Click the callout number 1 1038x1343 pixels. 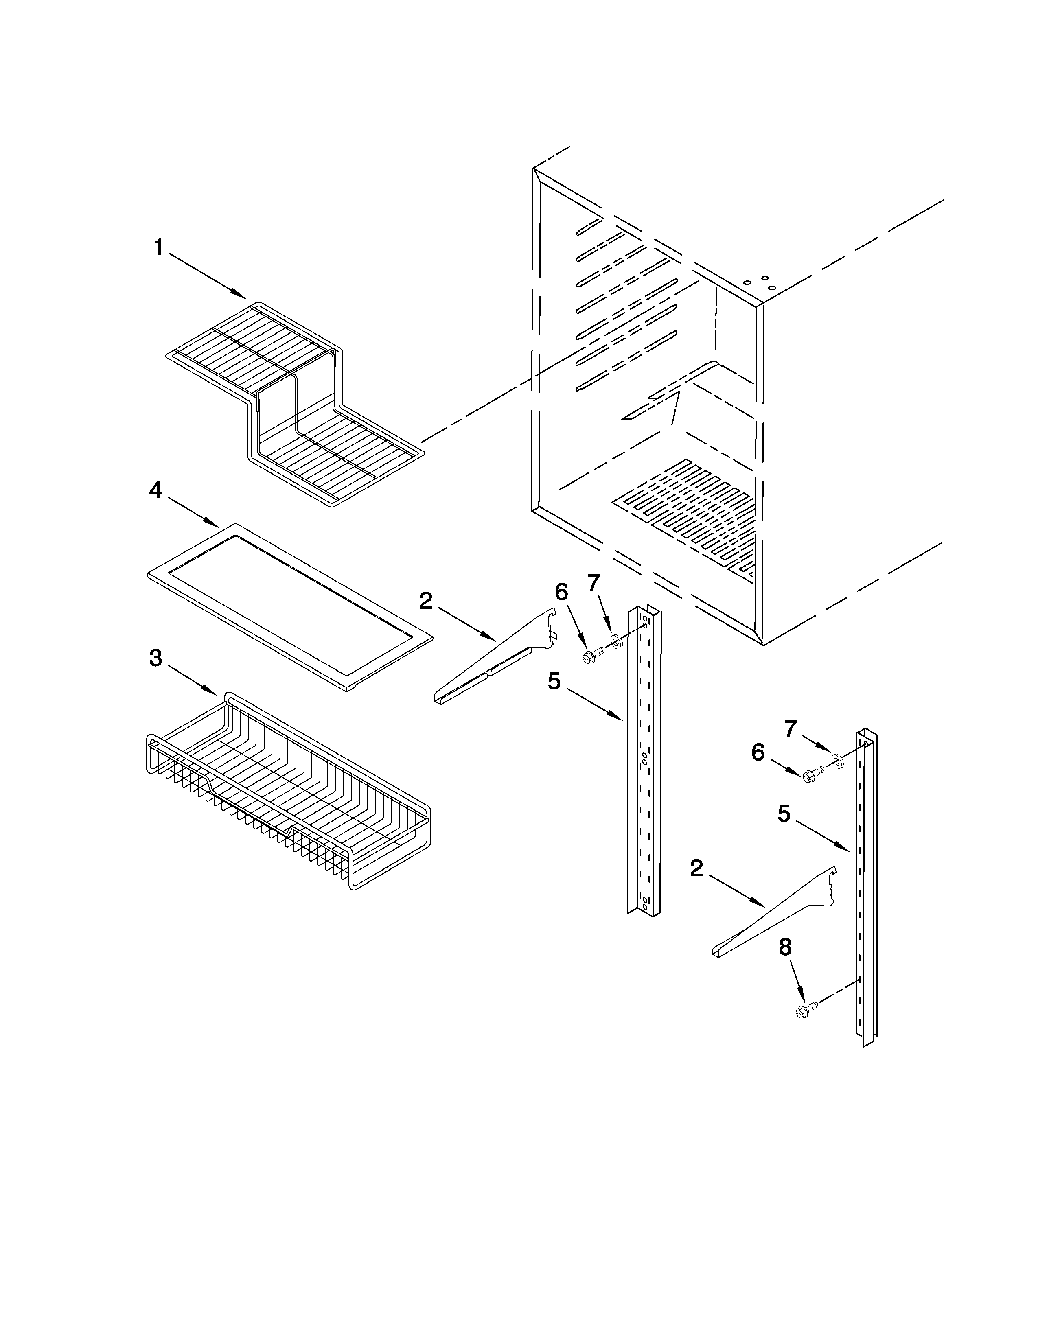(x=159, y=248)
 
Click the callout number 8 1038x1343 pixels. (x=785, y=947)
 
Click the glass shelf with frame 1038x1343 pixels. (x=289, y=606)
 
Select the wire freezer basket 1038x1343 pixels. (x=289, y=793)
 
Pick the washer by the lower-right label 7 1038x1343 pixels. (x=837, y=762)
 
